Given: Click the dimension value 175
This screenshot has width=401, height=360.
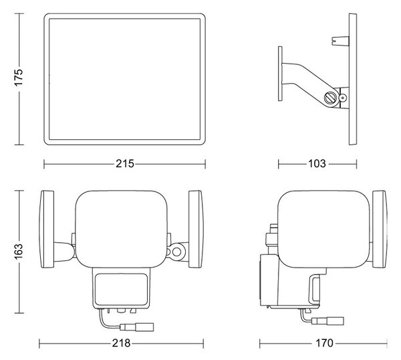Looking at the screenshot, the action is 19,78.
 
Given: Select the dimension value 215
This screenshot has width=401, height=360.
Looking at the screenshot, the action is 125,164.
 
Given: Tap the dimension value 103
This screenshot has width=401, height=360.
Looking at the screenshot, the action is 317,164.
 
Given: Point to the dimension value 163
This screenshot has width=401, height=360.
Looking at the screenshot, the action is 19,252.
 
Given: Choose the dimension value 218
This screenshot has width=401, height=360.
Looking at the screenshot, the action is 121,343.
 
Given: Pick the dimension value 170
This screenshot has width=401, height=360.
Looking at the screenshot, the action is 324,343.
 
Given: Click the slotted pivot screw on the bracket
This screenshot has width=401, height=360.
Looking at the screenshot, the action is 330,98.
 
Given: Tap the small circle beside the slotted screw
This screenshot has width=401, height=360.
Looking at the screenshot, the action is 342,98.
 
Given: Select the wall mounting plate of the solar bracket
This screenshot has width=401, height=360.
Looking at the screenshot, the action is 280,74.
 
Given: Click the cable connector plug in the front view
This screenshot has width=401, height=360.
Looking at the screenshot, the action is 137,327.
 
